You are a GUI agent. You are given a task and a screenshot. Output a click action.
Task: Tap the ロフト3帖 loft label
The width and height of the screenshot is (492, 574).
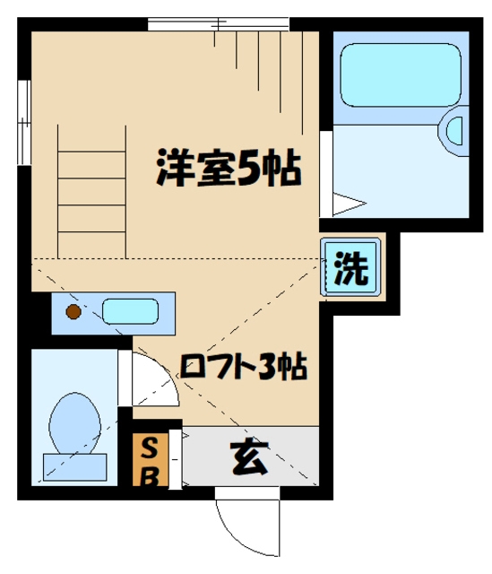(x=244, y=367)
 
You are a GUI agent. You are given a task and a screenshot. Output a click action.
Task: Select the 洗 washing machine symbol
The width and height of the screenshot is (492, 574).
(x=351, y=270)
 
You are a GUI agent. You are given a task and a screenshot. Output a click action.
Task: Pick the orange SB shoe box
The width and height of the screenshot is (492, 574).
(x=151, y=460)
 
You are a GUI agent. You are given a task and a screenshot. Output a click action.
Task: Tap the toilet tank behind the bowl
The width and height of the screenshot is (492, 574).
(x=74, y=466)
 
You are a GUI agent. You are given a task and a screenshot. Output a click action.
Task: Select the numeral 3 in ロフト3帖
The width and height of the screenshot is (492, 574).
(x=266, y=367)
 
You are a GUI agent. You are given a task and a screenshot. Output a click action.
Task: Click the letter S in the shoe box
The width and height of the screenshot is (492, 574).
(x=151, y=448)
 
